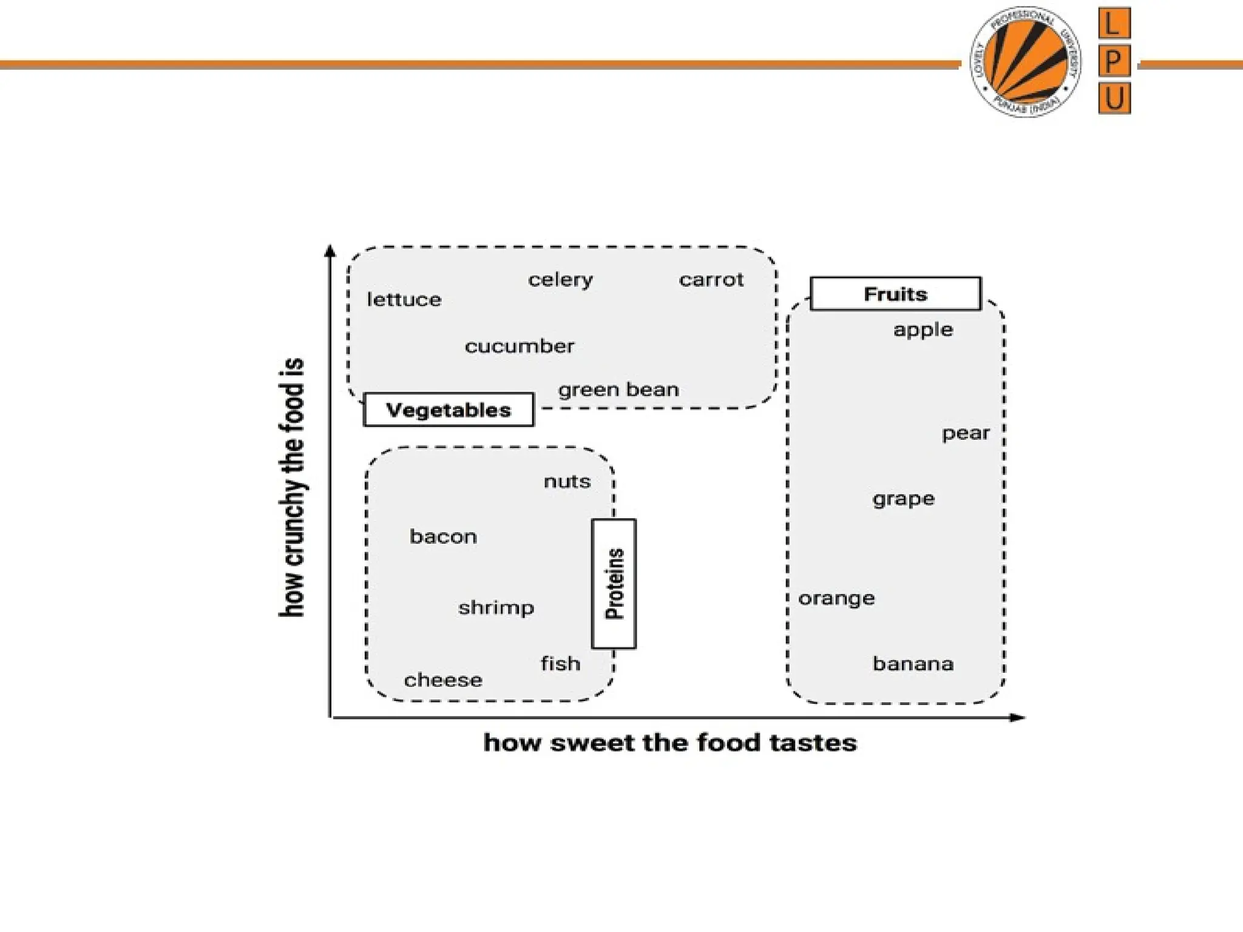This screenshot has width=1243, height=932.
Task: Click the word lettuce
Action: coord(404,299)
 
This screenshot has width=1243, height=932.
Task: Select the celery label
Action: coord(560,280)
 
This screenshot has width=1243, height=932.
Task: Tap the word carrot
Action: coord(711,280)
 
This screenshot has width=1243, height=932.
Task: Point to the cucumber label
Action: coord(520,346)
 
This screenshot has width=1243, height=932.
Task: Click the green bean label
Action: coord(618,390)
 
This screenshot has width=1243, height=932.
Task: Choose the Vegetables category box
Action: coord(449,410)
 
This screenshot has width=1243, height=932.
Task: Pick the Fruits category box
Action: coord(895,294)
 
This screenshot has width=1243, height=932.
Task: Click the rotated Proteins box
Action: coord(614,584)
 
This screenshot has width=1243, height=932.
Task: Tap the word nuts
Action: coord(567,482)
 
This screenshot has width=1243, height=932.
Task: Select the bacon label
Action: coord(443,536)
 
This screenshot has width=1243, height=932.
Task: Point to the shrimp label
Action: coord(496,607)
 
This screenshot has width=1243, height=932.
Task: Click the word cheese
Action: coord(443,680)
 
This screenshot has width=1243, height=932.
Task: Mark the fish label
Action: coord(560,664)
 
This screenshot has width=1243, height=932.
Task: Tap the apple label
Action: coord(923,330)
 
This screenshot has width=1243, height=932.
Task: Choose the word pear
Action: coord(966,433)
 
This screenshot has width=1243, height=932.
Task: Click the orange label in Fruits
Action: coord(836,599)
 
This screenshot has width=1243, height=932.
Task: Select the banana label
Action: coord(913,664)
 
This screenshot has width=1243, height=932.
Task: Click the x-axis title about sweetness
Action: coord(670,743)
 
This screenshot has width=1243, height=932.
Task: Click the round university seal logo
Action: coord(1026,62)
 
